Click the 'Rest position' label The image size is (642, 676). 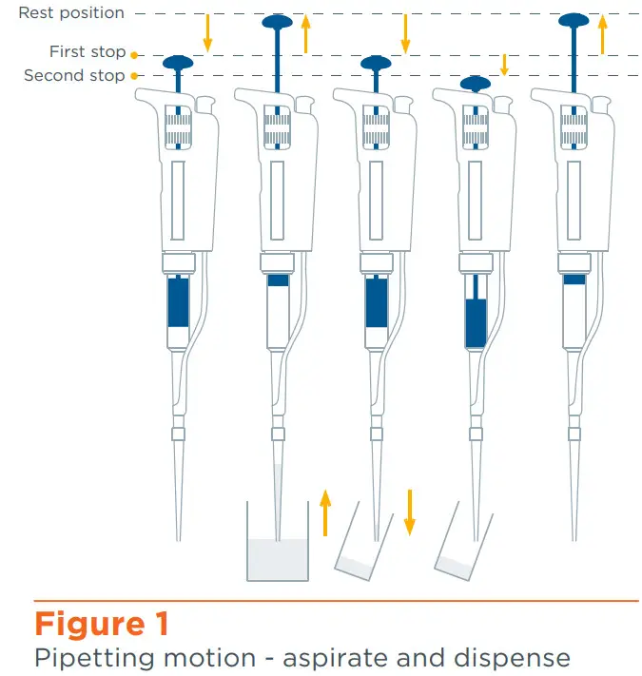(x=71, y=13)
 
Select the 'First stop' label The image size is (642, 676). (x=88, y=53)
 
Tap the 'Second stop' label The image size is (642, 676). (x=74, y=75)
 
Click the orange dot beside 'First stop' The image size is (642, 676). (x=134, y=54)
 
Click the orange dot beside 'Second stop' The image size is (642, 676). (x=134, y=75)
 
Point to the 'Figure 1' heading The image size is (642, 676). (x=102, y=624)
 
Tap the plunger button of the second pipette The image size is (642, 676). (x=277, y=22)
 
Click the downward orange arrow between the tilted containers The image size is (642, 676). (x=411, y=512)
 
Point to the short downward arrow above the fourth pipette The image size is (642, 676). (x=505, y=64)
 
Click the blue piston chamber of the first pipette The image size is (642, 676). (x=178, y=301)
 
